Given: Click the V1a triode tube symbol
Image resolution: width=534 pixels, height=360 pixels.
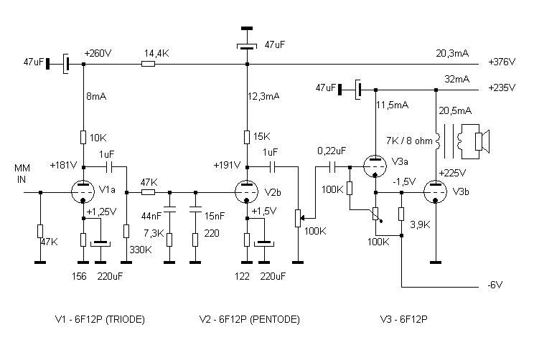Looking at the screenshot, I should (84, 191).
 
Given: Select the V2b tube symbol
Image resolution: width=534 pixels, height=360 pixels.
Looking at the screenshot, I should (248, 191).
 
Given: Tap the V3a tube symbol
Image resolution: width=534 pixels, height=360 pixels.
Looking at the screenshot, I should (376, 166).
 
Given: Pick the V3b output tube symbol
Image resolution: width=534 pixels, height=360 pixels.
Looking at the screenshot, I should (436, 191).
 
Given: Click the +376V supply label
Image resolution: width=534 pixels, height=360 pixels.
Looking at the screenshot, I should (502, 63).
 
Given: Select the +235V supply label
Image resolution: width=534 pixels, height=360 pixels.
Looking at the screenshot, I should (502, 89).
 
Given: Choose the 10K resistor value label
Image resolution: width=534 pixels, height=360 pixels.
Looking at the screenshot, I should (99, 136).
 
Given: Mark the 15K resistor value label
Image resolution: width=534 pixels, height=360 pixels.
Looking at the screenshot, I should (263, 136).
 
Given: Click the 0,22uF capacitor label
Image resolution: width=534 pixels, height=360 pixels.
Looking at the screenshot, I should (332, 151).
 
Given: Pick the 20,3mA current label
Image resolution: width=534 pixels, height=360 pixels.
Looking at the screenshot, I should (452, 52).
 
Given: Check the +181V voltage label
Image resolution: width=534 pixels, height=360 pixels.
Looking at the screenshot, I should (63, 164).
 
